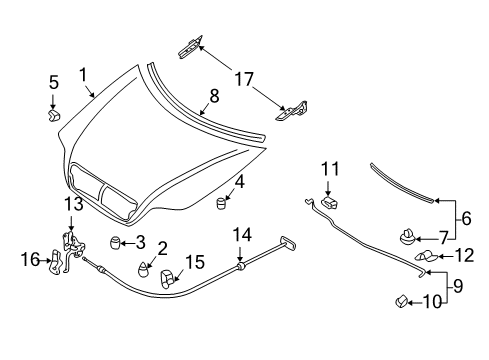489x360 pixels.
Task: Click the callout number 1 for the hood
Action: [x=83, y=75]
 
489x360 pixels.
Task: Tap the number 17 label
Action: [x=244, y=79]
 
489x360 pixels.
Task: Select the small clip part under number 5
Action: [x=54, y=115]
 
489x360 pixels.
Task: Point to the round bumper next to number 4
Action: [x=221, y=203]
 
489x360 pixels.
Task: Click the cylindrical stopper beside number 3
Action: [x=115, y=242]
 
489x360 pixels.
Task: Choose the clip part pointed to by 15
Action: [x=168, y=278]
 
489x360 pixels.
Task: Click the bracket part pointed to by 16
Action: [x=56, y=262]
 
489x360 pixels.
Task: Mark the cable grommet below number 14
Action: [x=240, y=266]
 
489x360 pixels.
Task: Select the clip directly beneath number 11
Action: [x=329, y=202]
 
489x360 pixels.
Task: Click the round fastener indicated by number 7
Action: [x=407, y=237]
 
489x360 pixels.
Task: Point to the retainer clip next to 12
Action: [x=426, y=256]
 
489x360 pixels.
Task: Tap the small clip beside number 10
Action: [x=401, y=301]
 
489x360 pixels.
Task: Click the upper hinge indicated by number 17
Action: [x=191, y=47]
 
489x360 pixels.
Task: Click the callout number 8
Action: [x=214, y=96]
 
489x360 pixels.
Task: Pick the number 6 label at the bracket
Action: [x=466, y=218]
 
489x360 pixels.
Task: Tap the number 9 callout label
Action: [x=458, y=286]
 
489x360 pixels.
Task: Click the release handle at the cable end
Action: [x=289, y=243]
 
